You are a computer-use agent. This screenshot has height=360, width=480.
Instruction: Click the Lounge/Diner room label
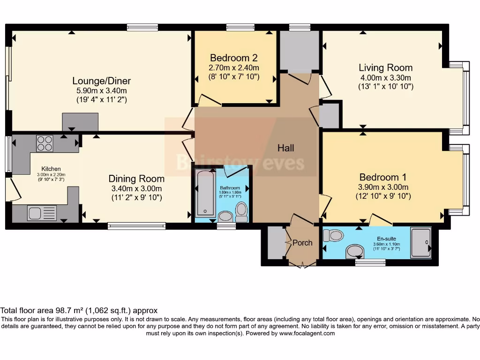pos(101,81)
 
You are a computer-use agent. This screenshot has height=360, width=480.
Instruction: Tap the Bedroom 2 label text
pos(234,58)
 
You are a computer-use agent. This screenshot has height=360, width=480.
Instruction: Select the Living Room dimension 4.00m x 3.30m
pos(385,78)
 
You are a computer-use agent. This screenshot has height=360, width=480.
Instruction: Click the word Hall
pos(285,148)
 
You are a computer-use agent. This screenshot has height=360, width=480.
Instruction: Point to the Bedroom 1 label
pos(382,177)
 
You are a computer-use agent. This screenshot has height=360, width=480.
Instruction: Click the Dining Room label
pos(136,179)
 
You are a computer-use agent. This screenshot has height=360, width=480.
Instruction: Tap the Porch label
pos(302,243)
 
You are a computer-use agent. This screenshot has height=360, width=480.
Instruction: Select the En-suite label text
pos(387,239)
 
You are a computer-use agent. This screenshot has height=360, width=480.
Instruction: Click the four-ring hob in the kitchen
pos(45,142)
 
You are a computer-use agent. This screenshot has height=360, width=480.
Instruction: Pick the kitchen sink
pos(36,213)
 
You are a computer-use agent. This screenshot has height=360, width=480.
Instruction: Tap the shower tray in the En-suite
pos(420,242)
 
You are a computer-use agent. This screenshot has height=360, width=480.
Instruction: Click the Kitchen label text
pos(51,169)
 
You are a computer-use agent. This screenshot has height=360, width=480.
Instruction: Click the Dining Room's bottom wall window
pos(136,226)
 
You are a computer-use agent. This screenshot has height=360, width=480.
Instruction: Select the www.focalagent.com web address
pos(307,333)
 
